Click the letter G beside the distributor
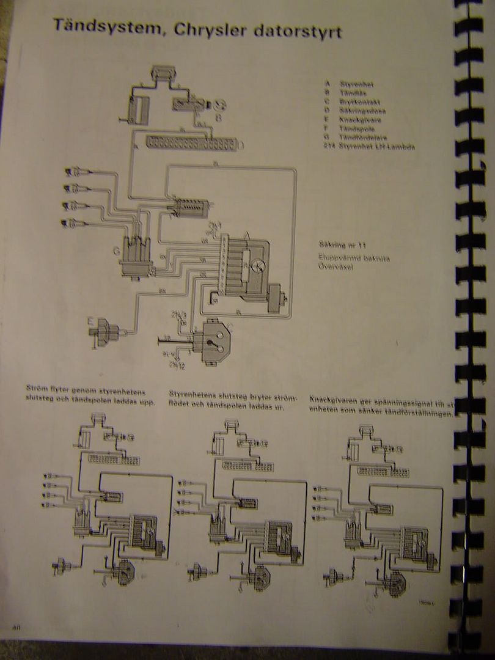pyautogui.click(x=116, y=249)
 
